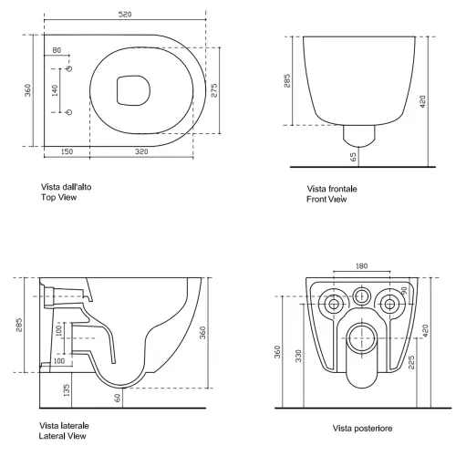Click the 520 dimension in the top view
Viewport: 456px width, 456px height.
click(x=125, y=15)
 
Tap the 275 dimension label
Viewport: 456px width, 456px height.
click(x=214, y=90)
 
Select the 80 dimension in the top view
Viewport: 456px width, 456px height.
click(x=57, y=50)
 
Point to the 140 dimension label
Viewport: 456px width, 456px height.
click(x=55, y=90)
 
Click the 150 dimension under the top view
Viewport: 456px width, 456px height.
click(x=67, y=151)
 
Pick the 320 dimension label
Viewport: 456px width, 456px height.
click(x=141, y=151)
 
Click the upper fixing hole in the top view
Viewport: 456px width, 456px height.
click(x=69, y=68)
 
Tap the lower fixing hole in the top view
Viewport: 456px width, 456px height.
click(x=69, y=112)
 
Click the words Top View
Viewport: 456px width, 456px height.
click(x=59, y=197)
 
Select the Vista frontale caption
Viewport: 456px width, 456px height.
click(x=332, y=189)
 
